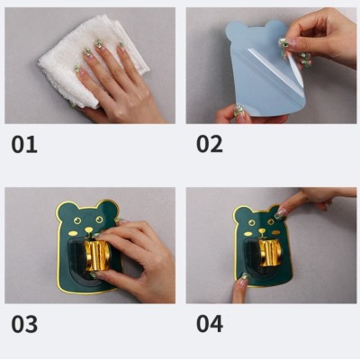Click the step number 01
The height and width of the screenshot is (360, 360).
[x=24, y=144]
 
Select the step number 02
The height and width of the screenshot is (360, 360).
[x=210, y=144]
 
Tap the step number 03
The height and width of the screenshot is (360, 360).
[x=24, y=324]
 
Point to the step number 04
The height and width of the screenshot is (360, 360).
[x=210, y=323]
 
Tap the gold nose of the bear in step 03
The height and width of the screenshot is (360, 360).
[x=89, y=230]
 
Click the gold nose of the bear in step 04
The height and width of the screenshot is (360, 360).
[x=262, y=231]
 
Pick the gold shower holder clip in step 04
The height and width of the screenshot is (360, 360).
[x=270, y=253]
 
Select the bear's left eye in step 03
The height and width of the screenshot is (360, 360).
[x=77, y=221]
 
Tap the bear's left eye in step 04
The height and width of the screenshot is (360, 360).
[x=252, y=222]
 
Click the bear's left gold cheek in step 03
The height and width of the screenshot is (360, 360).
[x=73, y=233]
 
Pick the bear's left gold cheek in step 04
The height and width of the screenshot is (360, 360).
[x=247, y=234]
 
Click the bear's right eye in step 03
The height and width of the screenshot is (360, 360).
[x=99, y=220]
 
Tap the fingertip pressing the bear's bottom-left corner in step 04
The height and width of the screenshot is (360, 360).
[x=244, y=277]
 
